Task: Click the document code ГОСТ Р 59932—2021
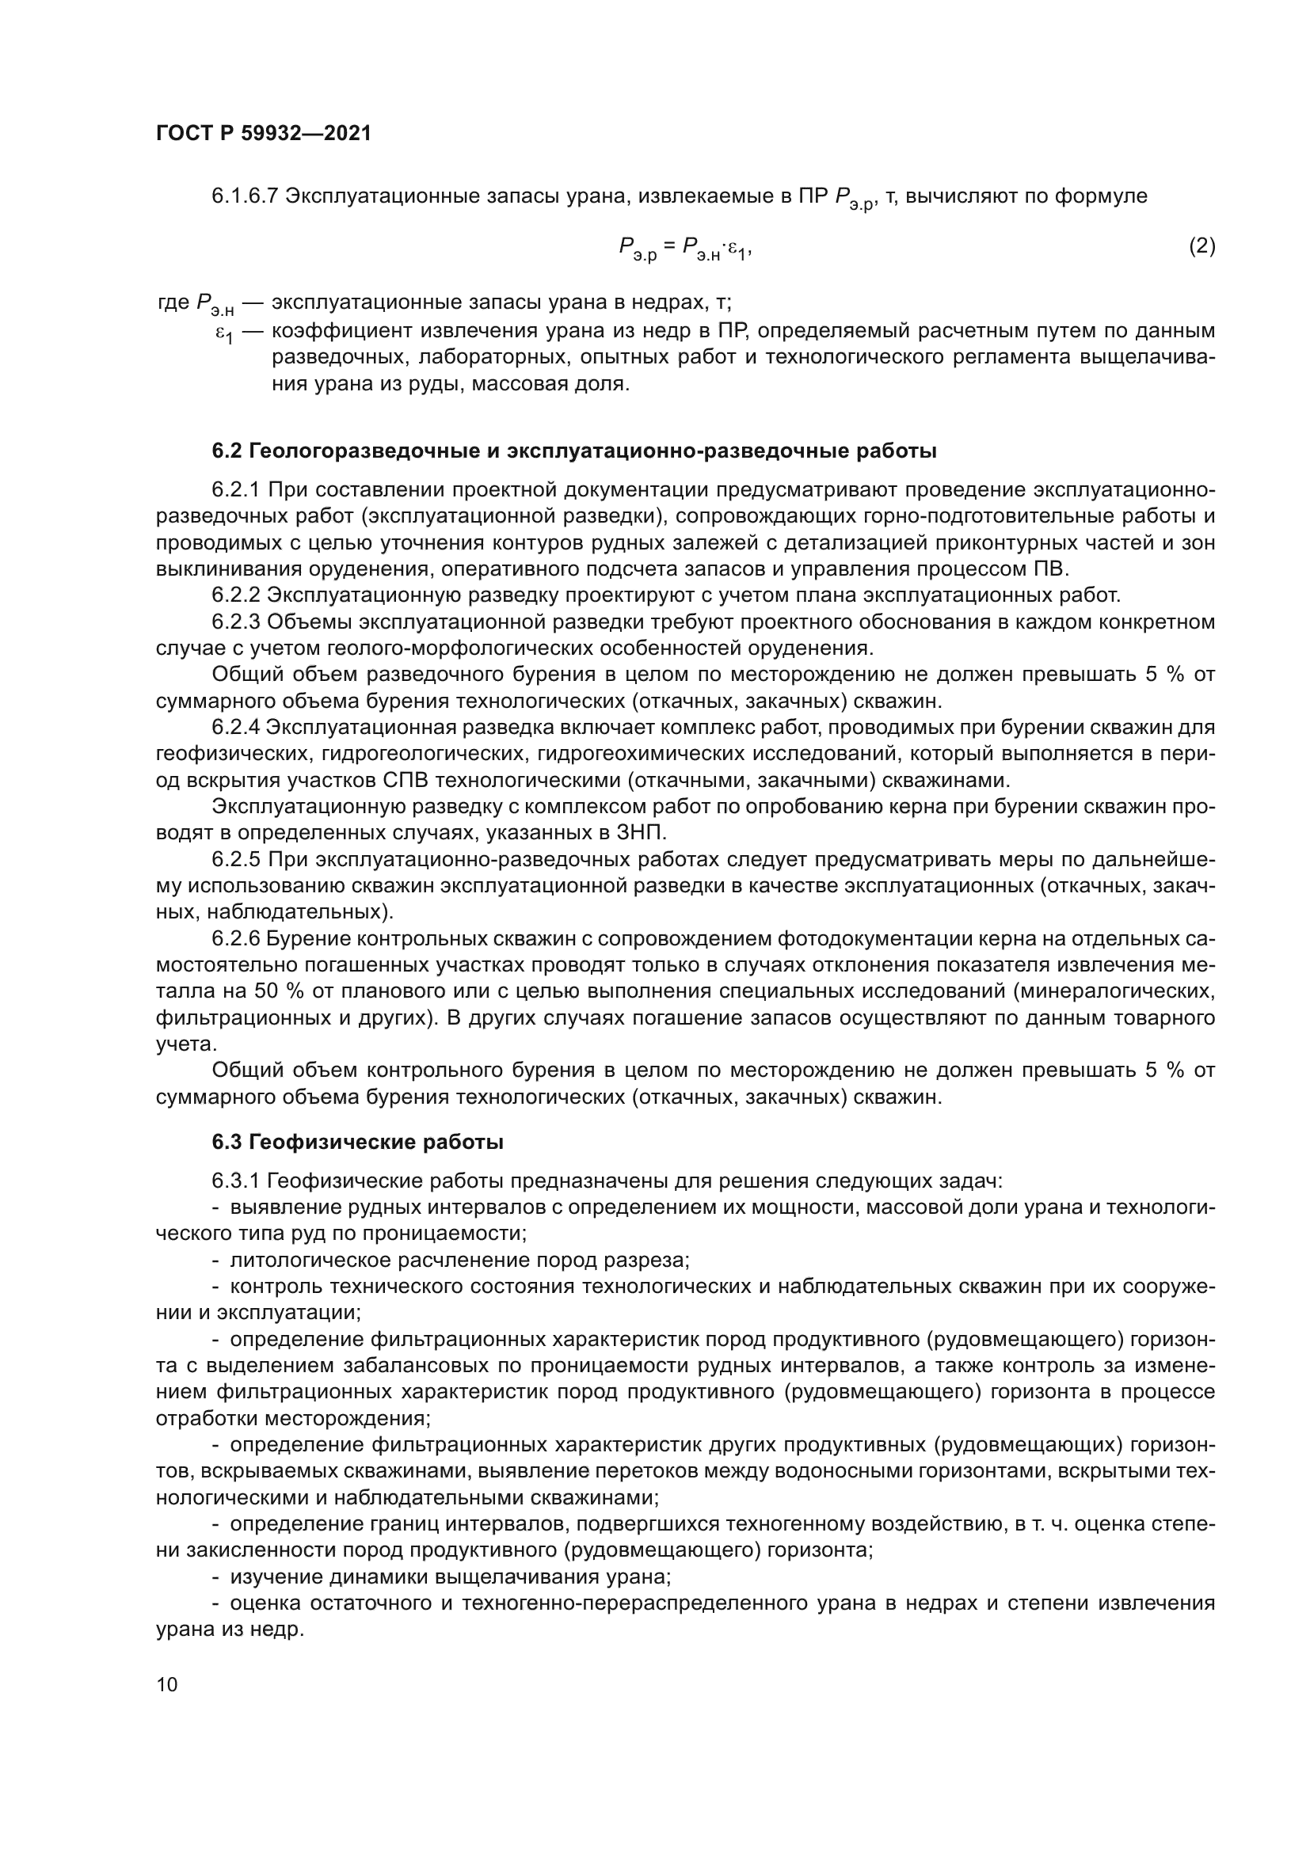point(263,134)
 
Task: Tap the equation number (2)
point(1202,245)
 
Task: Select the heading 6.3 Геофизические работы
point(357,1143)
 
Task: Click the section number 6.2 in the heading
point(227,451)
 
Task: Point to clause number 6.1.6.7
point(246,196)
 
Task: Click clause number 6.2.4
point(235,728)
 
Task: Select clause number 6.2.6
point(235,939)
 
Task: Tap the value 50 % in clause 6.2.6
point(273,991)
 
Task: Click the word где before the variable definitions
point(173,303)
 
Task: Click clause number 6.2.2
point(235,596)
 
